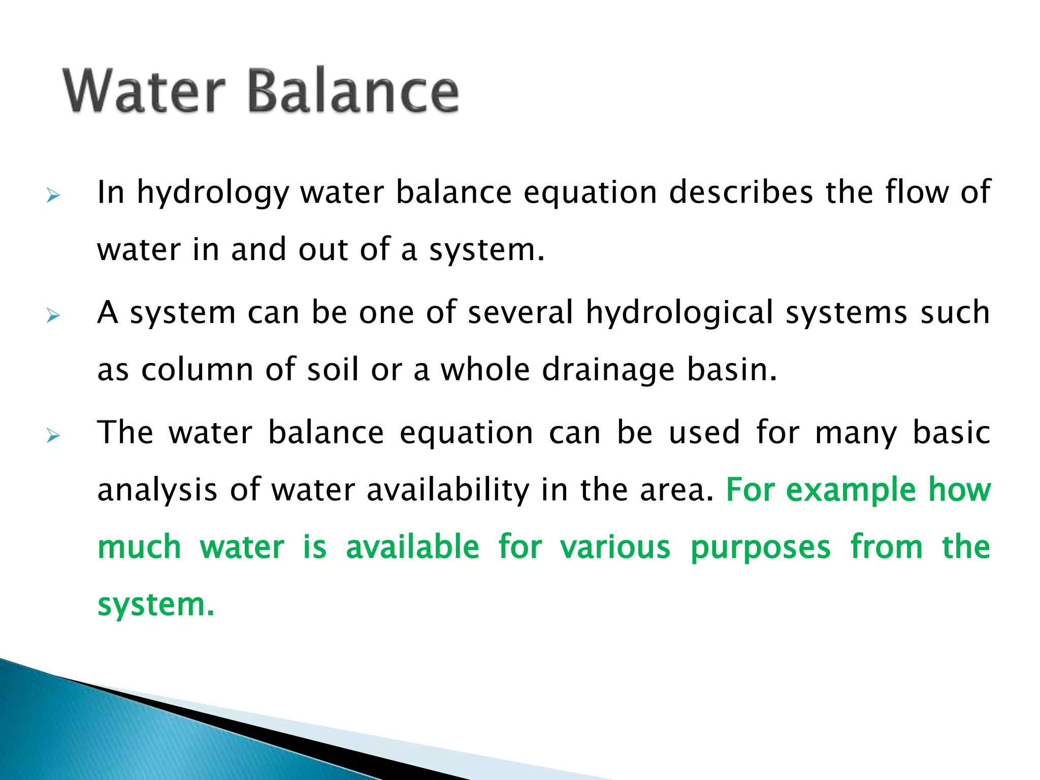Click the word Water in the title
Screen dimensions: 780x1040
(144, 91)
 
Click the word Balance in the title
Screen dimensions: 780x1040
(353, 91)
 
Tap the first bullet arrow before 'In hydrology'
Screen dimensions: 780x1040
(53, 196)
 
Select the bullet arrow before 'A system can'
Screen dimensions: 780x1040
(53, 316)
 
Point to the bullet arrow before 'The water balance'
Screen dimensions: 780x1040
(53, 436)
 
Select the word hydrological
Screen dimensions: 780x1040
(679, 313)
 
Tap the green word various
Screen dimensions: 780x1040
(615, 547)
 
